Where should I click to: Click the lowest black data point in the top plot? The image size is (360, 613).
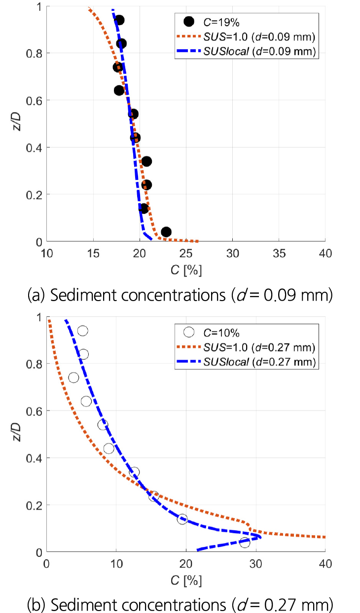pyautogui.click(x=166, y=232)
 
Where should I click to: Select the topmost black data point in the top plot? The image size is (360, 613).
pyautogui.click(x=119, y=20)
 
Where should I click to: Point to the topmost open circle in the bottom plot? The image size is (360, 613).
pyautogui.click(x=82, y=331)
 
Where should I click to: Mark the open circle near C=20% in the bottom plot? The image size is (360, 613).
pyautogui.click(x=182, y=519)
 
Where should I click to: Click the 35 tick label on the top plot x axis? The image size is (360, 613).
pyautogui.click(x=279, y=254)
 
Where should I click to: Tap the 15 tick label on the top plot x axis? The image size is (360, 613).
pyautogui.click(x=93, y=254)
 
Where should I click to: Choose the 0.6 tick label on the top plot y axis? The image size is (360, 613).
pyautogui.click(x=34, y=101)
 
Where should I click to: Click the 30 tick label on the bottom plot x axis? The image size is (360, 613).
pyautogui.click(x=255, y=564)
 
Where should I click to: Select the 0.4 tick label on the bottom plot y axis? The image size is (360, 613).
pyautogui.click(x=34, y=458)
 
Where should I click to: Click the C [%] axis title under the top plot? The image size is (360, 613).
pyautogui.click(x=186, y=271)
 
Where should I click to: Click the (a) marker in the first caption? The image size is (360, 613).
pyautogui.click(x=36, y=296)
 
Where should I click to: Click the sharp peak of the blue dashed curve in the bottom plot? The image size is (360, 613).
pyautogui.click(x=260, y=537)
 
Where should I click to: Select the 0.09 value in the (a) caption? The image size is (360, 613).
pyautogui.click(x=280, y=295)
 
